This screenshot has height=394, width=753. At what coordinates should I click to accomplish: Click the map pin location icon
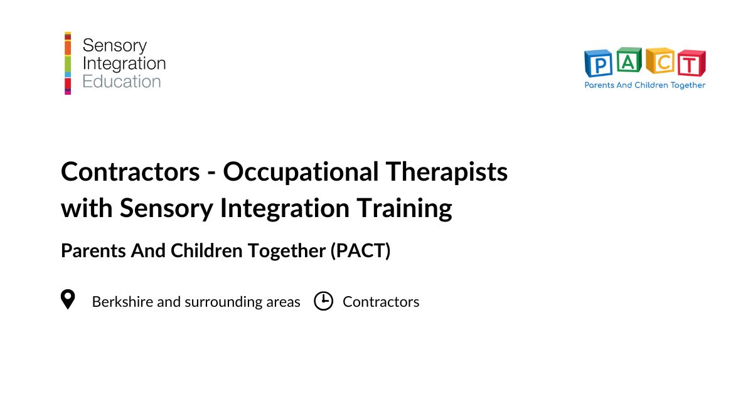pyautogui.click(x=67, y=299)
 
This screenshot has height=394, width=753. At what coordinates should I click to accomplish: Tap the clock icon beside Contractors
pyautogui.click(x=323, y=301)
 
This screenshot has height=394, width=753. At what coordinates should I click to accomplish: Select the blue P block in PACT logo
pyautogui.click(x=599, y=64)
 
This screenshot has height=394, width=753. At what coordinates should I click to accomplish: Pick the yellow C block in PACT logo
pyautogui.click(x=660, y=61)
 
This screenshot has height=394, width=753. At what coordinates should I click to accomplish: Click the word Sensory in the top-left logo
pyautogui.click(x=114, y=45)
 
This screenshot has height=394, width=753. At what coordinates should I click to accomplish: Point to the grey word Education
pyautogui.click(x=122, y=82)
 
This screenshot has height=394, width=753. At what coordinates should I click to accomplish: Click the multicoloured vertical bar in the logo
pyautogui.click(x=68, y=63)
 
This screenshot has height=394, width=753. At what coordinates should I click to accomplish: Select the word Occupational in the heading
pyautogui.click(x=299, y=172)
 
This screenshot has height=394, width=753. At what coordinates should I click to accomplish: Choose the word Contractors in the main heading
pyautogui.click(x=125, y=172)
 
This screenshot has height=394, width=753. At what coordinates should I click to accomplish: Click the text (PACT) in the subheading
pyautogui.click(x=360, y=251)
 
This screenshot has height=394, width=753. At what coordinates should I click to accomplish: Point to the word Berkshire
pyautogui.click(x=122, y=302)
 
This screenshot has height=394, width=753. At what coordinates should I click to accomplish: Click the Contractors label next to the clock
pyautogui.click(x=381, y=302)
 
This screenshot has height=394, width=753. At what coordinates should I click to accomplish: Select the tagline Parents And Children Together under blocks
pyautogui.click(x=645, y=85)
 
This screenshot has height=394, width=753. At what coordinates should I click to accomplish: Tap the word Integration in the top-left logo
pyautogui.click(x=124, y=63)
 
